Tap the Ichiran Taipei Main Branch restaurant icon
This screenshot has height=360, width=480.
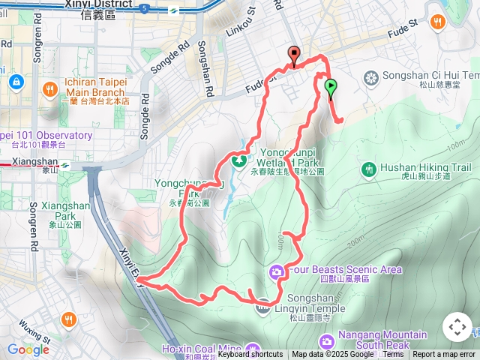(x=50, y=88)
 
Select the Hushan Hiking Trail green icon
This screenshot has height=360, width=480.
(x=368, y=170)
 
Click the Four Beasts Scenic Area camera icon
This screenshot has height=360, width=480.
(x=276, y=270)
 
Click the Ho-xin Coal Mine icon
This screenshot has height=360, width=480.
(x=252, y=349)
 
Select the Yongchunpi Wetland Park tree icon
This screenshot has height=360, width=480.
(x=240, y=160)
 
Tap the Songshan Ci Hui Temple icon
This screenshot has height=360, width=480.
(x=370, y=76)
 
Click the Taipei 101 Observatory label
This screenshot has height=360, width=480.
(x=46, y=136)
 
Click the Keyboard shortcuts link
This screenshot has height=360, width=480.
(x=251, y=355)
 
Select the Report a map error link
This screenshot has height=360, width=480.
(x=443, y=355)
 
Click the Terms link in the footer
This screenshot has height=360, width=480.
(x=393, y=355)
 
